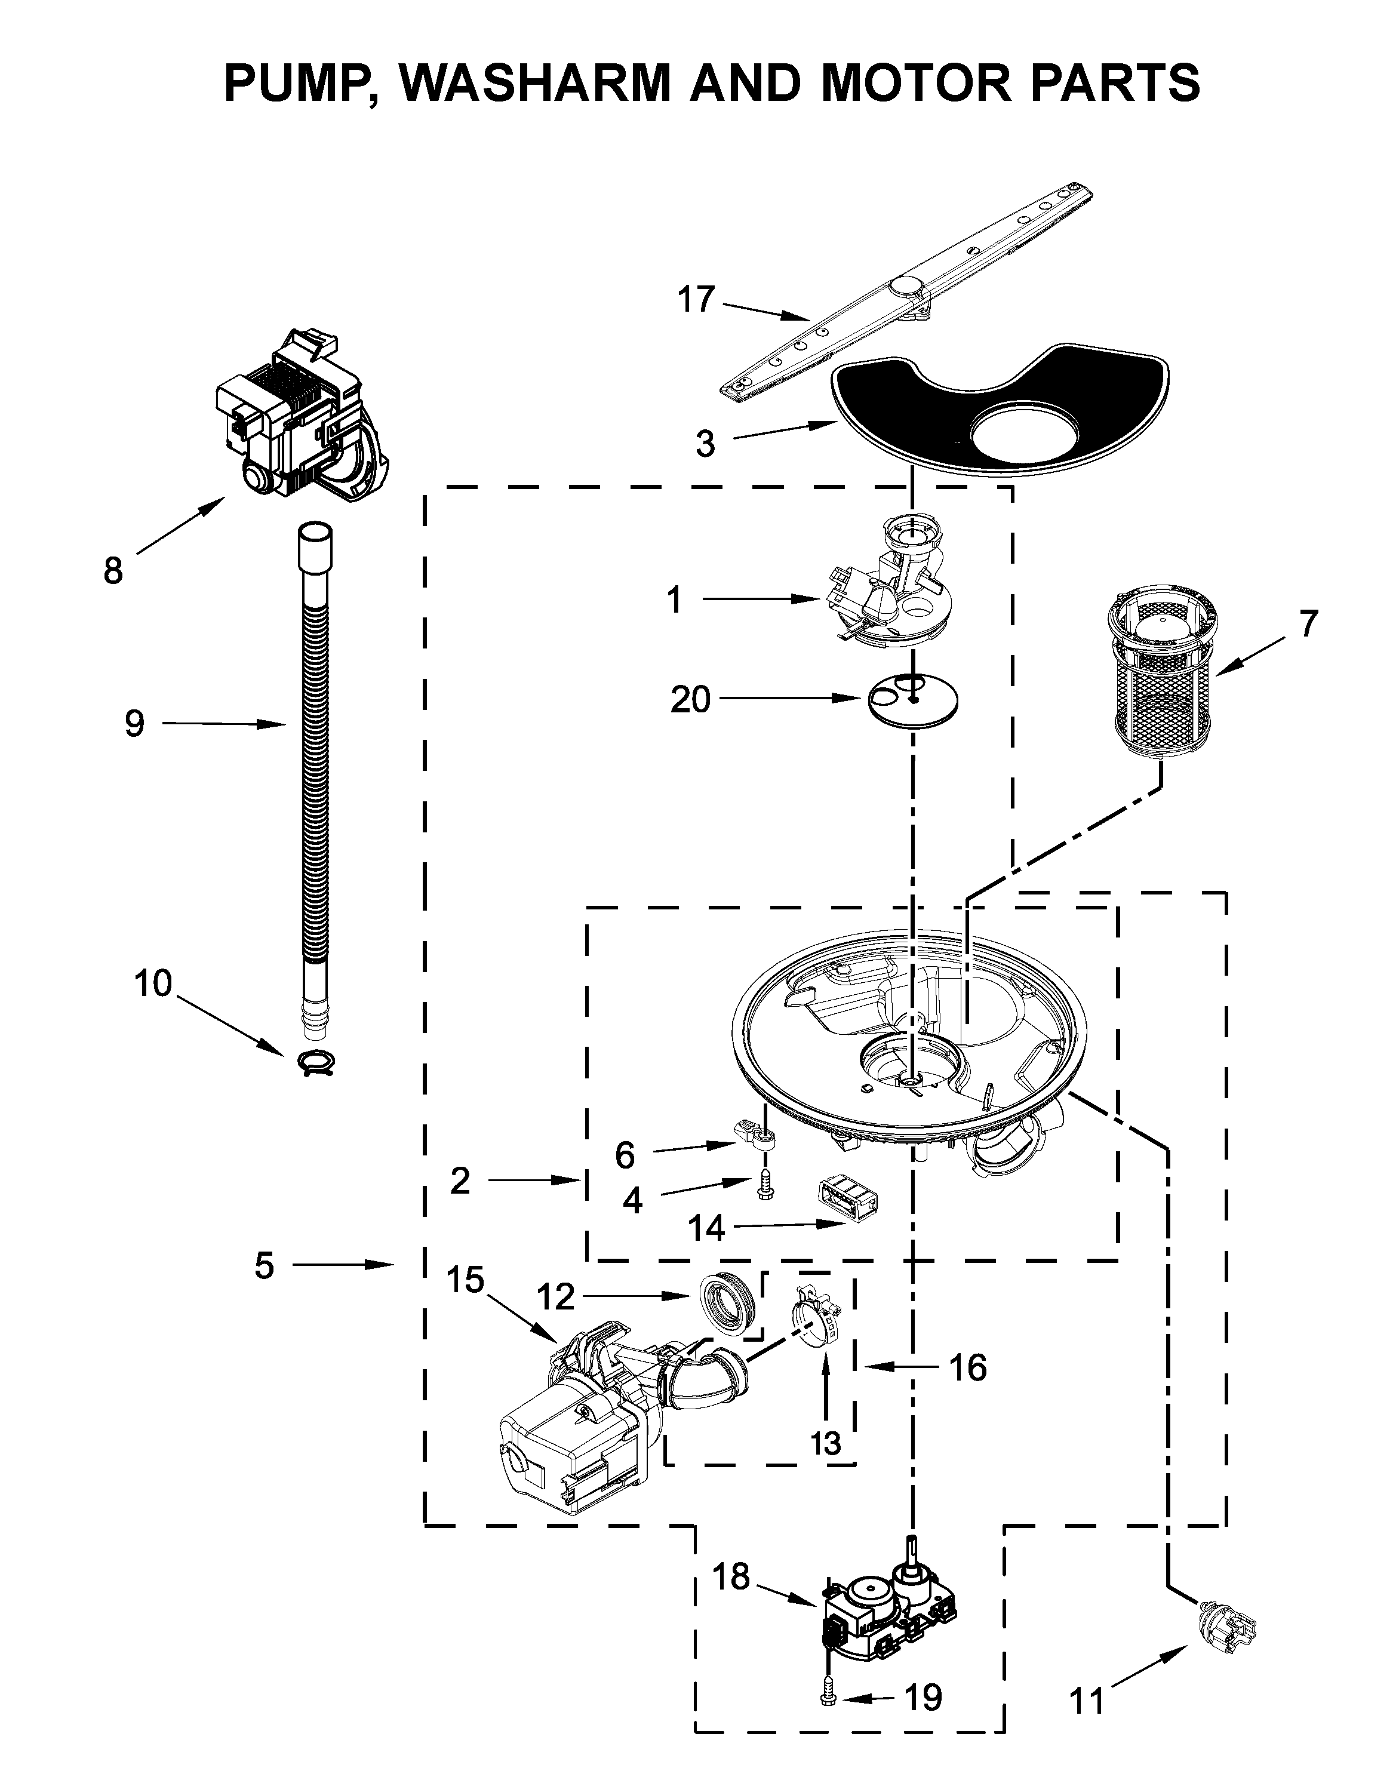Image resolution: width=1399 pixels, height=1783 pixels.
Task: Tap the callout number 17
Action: coord(696,300)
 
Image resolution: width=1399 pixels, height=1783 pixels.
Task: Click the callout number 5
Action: coord(264,1265)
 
